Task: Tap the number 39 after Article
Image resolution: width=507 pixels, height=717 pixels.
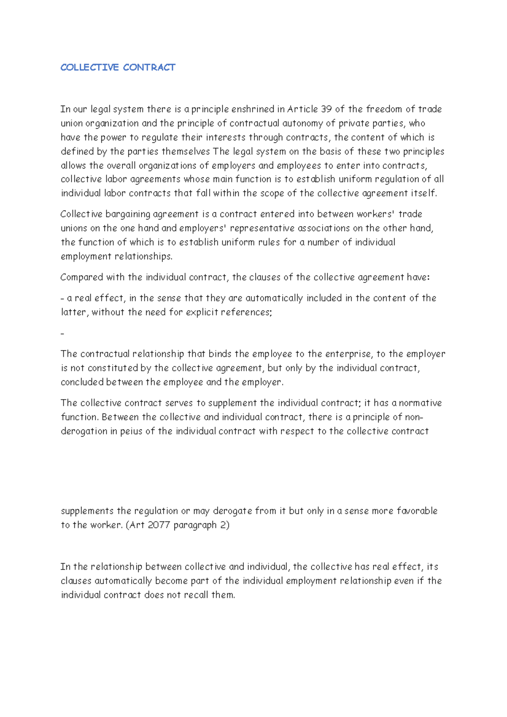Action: tap(326, 109)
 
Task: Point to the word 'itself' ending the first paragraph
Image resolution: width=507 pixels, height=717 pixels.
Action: tap(423, 193)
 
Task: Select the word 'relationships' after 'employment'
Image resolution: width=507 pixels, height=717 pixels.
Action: tap(143, 257)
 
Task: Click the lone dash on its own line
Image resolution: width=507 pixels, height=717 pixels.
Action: tap(63, 334)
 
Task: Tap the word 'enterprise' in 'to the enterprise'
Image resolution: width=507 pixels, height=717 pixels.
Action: tap(349, 354)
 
